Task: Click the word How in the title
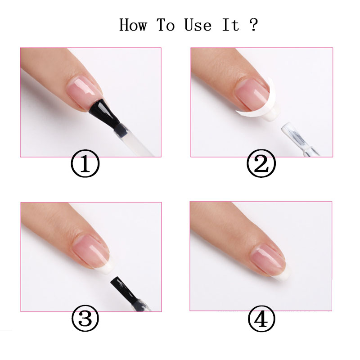click(x=133, y=25)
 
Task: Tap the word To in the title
click(x=166, y=25)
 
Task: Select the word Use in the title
click(x=198, y=25)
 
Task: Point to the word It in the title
click(x=231, y=25)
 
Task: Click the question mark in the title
click(x=253, y=25)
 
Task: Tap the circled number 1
click(x=85, y=163)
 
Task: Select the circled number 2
click(x=261, y=163)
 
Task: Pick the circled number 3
click(x=85, y=318)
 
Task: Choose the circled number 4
click(x=261, y=319)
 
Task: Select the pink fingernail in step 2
click(x=252, y=94)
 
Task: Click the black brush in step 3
click(x=128, y=293)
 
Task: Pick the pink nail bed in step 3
click(x=91, y=251)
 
